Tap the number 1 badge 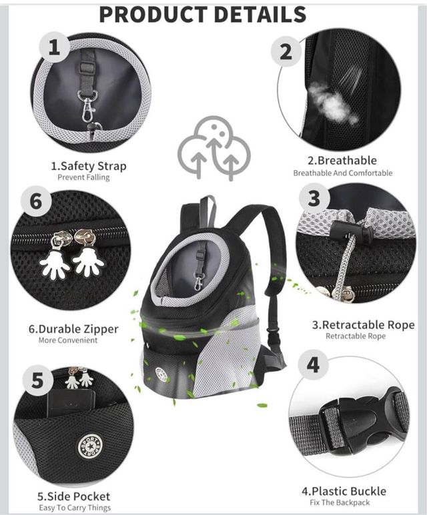point(55,47)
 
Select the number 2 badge point(286,52)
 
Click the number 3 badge point(315,198)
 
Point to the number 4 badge point(313,365)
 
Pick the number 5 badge point(37,380)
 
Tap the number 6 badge point(36,201)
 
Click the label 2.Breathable point(342,160)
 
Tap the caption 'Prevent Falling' point(83,177)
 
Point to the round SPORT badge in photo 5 point(90,446)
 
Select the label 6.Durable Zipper point(73,329)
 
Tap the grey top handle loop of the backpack point(208,203)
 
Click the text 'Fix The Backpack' point(340,502)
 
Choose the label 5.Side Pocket point(73,496)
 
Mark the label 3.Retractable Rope point(363,325)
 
